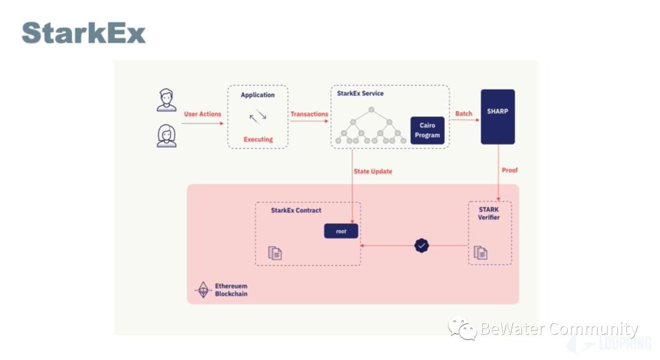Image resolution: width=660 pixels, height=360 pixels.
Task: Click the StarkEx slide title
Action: click(84, 33)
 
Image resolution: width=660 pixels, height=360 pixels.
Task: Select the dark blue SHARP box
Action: click(497, 117)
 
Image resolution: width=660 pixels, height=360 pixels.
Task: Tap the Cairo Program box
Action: click(427, 130)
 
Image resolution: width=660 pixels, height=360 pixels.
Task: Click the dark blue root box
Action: click(341, 232)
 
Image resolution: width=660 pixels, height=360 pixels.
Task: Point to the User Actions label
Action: click(202, 114)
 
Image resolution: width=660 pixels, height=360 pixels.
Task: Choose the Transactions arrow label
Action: click(309, 114)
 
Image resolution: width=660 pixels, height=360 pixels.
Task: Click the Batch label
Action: click(464, 114)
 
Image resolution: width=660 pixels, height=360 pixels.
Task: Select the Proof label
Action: click(509, 170)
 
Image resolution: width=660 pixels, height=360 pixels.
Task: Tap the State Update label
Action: click(373, 171)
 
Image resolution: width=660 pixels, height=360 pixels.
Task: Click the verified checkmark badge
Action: click(422, 246)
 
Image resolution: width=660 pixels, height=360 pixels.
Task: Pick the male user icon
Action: click(166, 100)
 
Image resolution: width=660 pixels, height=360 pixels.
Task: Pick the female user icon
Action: click(166, 135)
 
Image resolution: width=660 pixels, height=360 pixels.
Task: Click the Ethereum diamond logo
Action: click(203, 290)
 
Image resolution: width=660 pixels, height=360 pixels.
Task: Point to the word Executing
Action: click(258, 139)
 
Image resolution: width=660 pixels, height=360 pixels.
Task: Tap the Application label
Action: click(258, 95)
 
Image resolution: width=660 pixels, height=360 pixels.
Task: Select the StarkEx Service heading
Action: click(361, 94)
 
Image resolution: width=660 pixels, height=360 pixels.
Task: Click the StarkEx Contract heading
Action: click(296, 211)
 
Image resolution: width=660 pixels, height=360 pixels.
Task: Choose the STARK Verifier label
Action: click(488, 213)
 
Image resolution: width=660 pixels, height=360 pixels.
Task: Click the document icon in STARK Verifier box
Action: click(481, 252)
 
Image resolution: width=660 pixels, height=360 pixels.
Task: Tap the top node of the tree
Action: click(371, 109)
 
